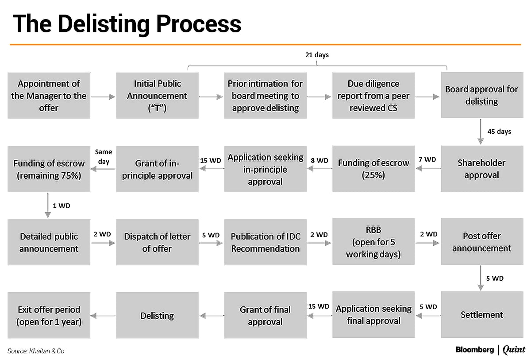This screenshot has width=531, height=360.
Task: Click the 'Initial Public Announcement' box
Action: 157,96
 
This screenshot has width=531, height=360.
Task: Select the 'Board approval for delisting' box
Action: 481,96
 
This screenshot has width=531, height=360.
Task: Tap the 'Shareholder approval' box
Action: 481,169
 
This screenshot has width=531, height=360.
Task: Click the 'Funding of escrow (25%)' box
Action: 373,169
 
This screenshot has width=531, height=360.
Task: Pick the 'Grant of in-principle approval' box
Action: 157,169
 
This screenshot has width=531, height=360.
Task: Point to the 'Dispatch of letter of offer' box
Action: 157,242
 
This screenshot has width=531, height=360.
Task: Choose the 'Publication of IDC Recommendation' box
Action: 265,242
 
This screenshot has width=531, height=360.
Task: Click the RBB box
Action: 373,242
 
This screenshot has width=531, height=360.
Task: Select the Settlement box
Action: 481,315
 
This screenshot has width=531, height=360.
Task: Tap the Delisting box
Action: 157,315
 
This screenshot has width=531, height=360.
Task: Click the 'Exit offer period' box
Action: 49,315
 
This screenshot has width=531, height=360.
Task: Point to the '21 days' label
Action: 317,55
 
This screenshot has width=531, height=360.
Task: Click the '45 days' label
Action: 499,132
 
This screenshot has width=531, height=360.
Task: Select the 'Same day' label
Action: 104,157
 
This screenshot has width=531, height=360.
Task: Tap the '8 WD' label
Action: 319,160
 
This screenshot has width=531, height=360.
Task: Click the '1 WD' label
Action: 61,206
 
